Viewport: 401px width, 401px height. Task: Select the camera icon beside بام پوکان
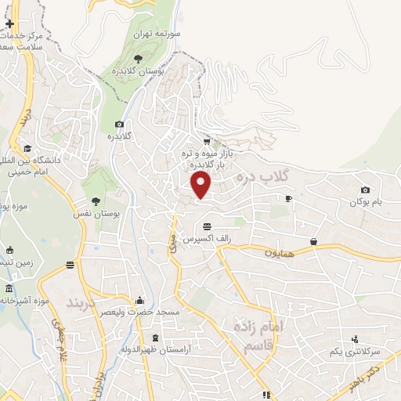point(365,190)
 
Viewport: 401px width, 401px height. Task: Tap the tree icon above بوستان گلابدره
point(138,58)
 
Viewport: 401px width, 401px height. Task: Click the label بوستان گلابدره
point(139,71)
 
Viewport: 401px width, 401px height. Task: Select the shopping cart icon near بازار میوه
point(206,142)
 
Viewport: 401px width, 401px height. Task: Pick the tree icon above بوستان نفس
point(96,200)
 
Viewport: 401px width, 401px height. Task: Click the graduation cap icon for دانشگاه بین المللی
point(28,149)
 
